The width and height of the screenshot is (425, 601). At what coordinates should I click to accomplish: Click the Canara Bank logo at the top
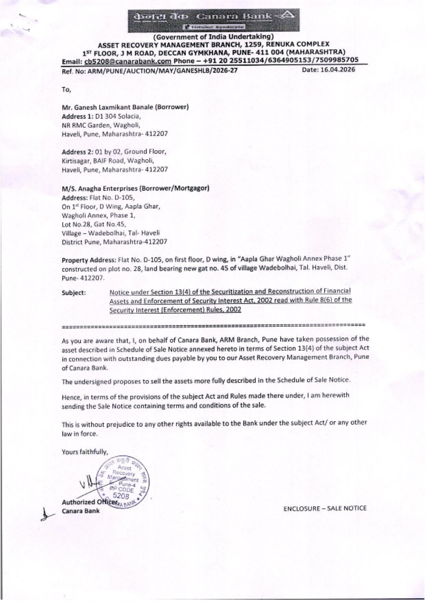point(212,20)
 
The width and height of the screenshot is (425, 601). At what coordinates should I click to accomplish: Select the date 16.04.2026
point(328,70)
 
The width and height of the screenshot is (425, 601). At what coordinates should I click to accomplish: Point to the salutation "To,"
point(66,89)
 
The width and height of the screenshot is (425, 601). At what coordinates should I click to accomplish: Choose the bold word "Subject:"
point(74,293)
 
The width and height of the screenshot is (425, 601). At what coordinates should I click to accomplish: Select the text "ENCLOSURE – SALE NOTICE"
point(325,508)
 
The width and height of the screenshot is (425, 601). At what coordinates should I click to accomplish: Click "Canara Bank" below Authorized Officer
point(81,510)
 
